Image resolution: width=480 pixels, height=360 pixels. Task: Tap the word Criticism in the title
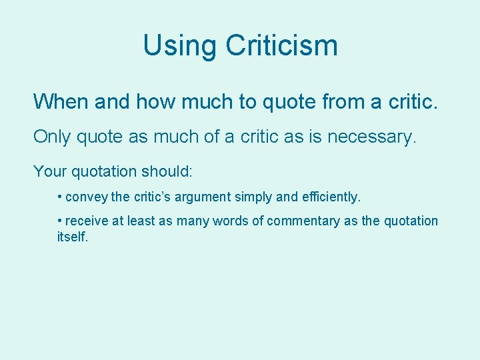(x=281, y=46)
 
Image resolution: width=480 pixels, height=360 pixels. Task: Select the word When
(x=61, y=102)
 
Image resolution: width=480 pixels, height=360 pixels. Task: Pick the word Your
(x=49, y=171)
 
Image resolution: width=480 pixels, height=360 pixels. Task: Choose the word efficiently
(x=328, y=197)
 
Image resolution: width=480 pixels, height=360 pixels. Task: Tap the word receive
(x=87, y=221)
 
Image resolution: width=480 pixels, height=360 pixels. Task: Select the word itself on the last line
(x=72, y=236)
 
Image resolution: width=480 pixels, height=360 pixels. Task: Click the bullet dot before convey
(x=60, y=197)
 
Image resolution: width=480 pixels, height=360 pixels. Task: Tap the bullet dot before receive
(x=60, y=221)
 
